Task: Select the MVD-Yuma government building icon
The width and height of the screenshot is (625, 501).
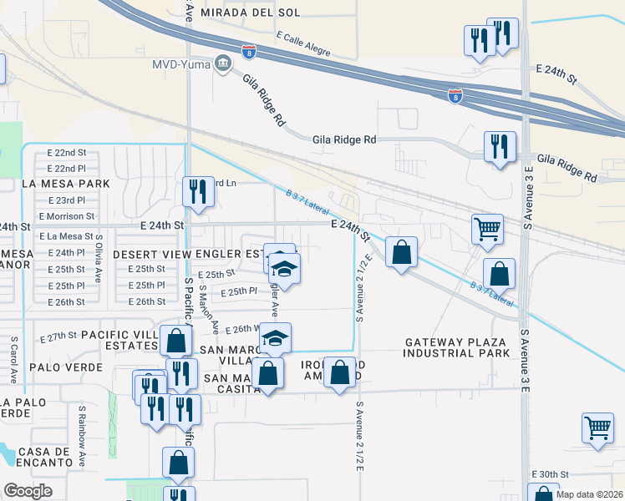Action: [x=223, y=63]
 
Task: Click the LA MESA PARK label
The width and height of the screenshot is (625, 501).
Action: [x=66, y=183]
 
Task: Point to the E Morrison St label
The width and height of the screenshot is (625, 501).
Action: [x=67, y=216]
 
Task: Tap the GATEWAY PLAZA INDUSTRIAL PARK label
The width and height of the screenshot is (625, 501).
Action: [x=456, y=347]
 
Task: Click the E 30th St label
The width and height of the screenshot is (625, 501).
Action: [x=556, y=474]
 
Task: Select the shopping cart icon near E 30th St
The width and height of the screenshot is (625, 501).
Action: [x=597, y=428]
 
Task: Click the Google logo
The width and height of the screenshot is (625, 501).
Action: [x=28, y=491]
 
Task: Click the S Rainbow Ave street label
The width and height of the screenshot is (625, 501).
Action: [x=82, y=426]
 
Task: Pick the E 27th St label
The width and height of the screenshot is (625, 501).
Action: [x=59, y=336]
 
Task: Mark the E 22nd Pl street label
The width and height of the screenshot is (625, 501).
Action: [x=67, y=168]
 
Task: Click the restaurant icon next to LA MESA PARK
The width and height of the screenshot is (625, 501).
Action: [x=199, y=192]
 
